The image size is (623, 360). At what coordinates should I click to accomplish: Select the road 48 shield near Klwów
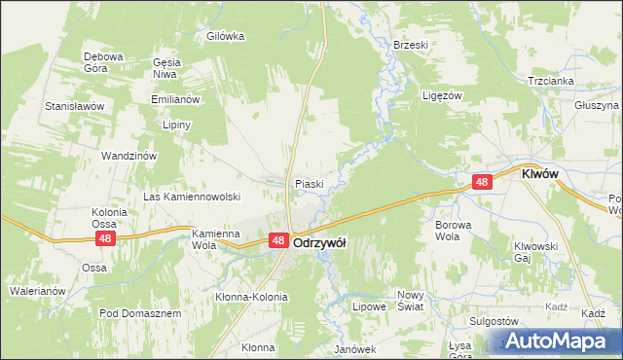pos(482,181)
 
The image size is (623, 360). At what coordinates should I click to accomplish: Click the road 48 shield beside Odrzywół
pos(277,240)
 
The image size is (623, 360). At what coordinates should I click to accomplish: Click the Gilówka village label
pos(225,36)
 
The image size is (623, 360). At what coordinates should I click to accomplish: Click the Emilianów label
pos(175,99)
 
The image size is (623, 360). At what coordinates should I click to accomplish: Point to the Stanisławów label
pos(74,105)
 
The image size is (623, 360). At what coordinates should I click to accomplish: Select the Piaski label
pos(309,183)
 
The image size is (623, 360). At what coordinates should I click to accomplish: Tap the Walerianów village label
pos(37,290)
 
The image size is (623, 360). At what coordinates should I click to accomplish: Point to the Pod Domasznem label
pos(140,313)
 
